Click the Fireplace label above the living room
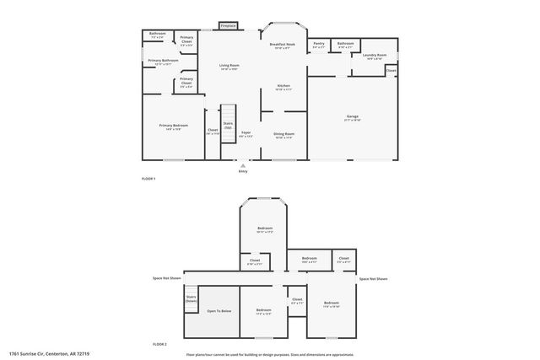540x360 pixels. [x=228, y=26]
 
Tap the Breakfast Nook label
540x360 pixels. [x=282, y=46]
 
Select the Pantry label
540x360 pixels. [x=318, y=45]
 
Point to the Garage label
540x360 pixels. [x=352, y=117]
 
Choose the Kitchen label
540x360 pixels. [x=284, y=87]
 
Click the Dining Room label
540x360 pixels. [x=283, y=135]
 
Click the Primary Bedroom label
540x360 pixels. [x=173, y=126]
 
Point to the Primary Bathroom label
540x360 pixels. [x=163, y=62]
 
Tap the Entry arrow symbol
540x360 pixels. [x=243, y=165]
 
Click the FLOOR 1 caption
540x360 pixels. [x=148, y=180]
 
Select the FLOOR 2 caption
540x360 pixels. [x=159, y=345]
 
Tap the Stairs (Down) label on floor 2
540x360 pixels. [x=191, y=298]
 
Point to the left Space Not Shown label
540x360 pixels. [x=166, y=277]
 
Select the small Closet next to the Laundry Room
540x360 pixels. [x=391, y=71]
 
